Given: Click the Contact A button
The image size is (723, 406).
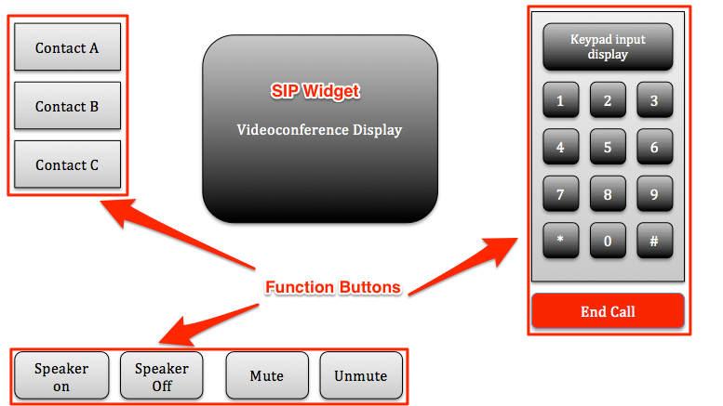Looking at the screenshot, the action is (67, 47).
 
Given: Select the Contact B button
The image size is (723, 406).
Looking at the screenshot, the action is (67, 105).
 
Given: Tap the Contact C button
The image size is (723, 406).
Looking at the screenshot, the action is (67, 164).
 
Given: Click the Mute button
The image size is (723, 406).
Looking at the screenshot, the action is (267, 375).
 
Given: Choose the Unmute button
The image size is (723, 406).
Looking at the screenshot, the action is (361, 375).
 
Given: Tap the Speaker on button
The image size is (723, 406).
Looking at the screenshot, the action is (61, 375).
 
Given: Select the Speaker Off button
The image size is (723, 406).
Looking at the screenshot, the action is (161, 375).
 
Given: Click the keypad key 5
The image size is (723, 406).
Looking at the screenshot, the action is (608, 147).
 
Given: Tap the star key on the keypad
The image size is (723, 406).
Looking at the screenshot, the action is (561, 241).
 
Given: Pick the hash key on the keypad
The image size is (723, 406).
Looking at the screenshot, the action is (655, 241).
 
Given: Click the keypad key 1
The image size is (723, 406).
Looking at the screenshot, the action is (561, 100).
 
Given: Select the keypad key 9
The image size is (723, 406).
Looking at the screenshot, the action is (655, 193).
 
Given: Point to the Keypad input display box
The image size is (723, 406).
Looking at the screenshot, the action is (608, 47).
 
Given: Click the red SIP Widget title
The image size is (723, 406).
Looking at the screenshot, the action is (315, 91).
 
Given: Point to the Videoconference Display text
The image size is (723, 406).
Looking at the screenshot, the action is (319, 130).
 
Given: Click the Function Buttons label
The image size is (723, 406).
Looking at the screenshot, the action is (333, 287).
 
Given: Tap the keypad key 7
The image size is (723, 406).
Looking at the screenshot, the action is (561, 193).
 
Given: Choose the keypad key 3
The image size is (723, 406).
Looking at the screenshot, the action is (655, 100).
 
